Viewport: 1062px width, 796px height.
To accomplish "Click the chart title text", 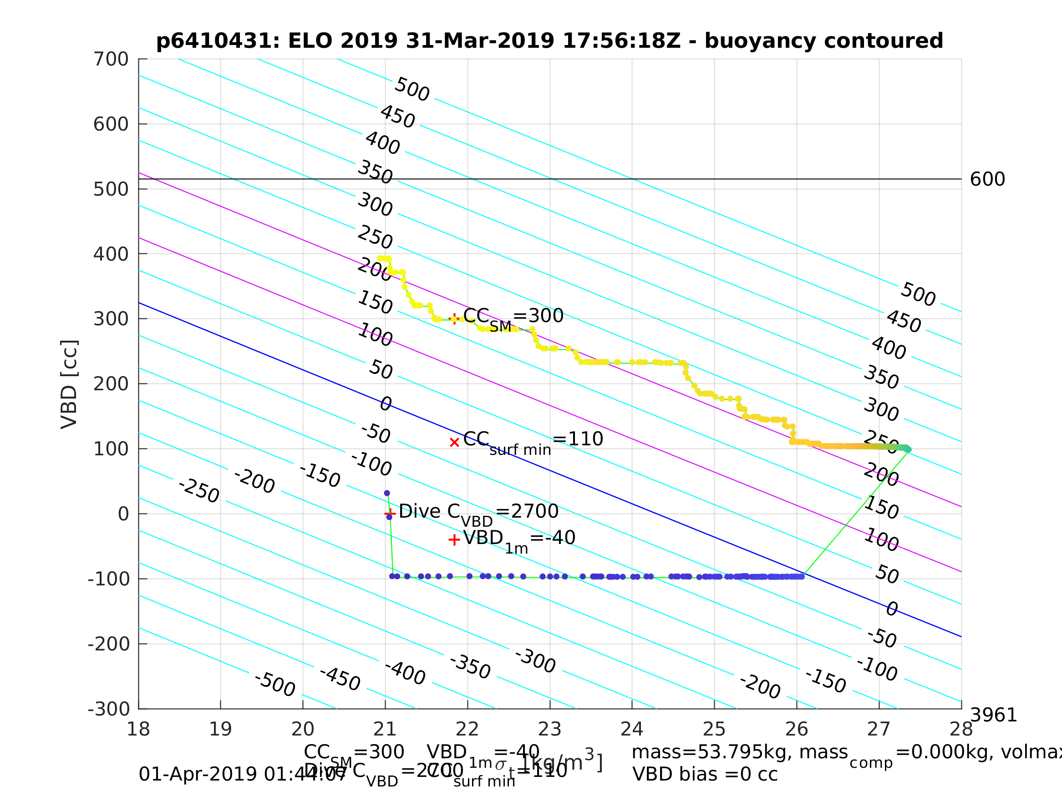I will point(549,41).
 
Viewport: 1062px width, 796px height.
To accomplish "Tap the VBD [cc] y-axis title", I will point(69,384).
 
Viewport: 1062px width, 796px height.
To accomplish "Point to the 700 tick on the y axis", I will point(111,60).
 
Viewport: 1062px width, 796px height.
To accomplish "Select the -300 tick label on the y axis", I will point(108,709).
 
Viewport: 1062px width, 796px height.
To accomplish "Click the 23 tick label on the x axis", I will point(550,729).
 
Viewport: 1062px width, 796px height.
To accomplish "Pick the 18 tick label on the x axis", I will point(138,729).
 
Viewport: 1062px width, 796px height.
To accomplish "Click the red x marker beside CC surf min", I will point(454,443).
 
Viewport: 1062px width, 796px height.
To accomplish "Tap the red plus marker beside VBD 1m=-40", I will point(454,540).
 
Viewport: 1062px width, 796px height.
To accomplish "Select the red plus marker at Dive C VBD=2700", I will point(390,514).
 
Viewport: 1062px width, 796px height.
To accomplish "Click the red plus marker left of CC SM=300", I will point(454,318).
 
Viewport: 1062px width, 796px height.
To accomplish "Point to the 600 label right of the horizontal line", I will point(987,180).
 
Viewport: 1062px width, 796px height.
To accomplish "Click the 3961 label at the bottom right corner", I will point(993,715).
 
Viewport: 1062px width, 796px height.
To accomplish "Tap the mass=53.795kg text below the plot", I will point(739,752).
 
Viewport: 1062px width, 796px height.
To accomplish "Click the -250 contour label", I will point(199,491).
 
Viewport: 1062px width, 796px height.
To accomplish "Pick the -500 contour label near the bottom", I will point(274,685).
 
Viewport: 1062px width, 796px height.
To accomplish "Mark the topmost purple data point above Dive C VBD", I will point(387,493).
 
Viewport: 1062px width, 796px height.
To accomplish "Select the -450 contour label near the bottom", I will point(340,679).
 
